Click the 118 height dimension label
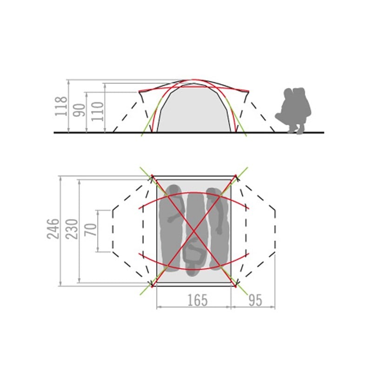(x=61, y=106)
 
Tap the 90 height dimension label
(x=79, y=110)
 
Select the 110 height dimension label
(x=98, y=111)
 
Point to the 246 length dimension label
(x=53, y=229)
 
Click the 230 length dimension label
(x=72, y=229)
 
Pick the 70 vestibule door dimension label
(x=91, y=230)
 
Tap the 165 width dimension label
(x=197, y=300)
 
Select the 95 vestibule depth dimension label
(x=255, y=300)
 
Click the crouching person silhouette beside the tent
(x=293, y=110)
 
